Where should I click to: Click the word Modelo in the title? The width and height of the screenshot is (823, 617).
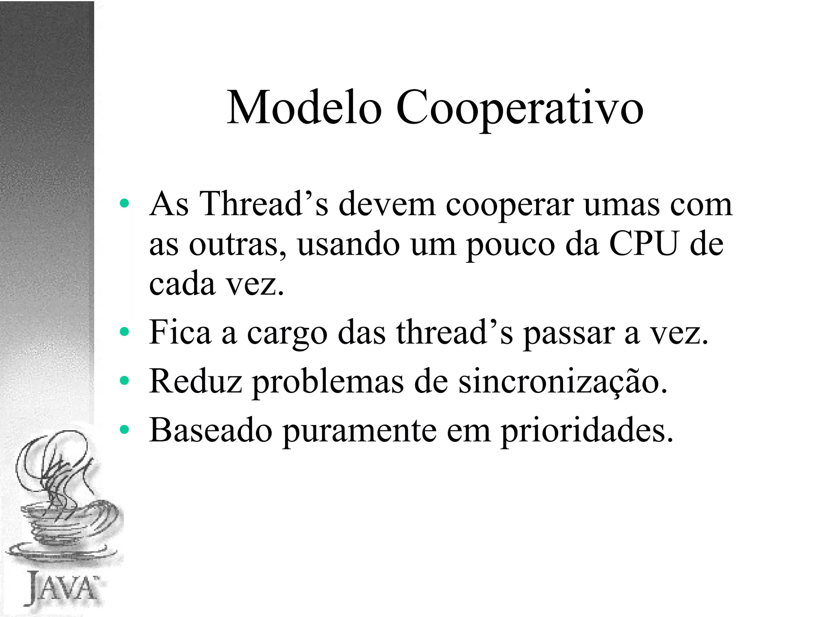tap(304, 108)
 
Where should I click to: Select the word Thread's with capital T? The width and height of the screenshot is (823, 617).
tap(264, 204)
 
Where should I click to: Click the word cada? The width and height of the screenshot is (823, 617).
tap(182, 283)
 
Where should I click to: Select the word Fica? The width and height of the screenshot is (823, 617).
tap(180, 332)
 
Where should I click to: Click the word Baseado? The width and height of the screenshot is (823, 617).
tap(211, 430)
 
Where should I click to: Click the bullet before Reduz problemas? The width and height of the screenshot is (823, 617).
tap(125, 381)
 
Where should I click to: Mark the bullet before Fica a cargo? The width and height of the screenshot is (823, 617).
tap(125, 332)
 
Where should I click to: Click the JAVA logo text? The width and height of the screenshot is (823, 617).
tap(62, 588)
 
